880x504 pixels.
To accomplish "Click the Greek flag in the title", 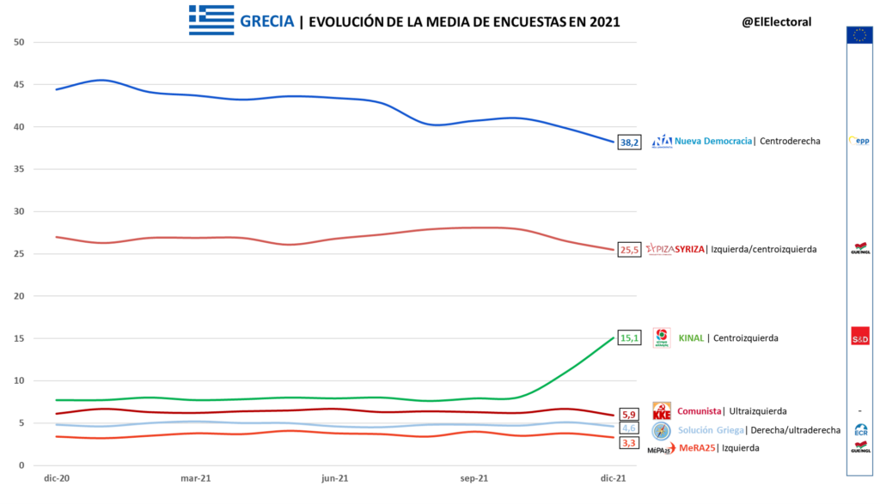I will click(211, 21).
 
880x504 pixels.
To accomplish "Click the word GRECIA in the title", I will click(267, 21).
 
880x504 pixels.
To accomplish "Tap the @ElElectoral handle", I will click(776, 21).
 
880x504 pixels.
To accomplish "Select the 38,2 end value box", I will click(630, 143).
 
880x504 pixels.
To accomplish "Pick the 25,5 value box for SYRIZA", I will click(630, 250).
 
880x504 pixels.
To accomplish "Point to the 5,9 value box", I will click(629, 415).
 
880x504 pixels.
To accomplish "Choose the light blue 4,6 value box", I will click(629, 428).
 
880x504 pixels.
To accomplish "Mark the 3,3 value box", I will click(629, 443).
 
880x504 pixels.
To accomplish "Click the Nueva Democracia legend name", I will click(713, 141).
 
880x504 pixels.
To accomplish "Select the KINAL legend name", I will click(691, 338).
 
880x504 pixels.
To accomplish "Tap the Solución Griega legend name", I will click(710, 430).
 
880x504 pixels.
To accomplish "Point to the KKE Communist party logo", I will click(662, 411).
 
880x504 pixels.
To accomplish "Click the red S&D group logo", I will click(859, 336).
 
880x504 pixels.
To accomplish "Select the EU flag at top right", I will click(859, 35).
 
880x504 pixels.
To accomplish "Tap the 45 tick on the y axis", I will click(20, 85).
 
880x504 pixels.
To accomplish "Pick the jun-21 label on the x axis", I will click(334, 477).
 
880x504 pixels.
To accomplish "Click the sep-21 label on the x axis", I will click(474, 477).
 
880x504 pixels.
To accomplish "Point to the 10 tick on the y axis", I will click(20, 381).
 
